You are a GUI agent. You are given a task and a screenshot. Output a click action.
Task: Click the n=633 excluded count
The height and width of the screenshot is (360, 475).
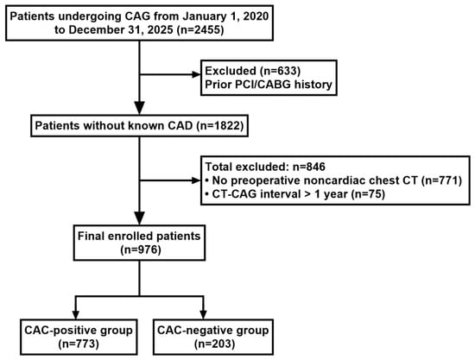(x=280, y=71)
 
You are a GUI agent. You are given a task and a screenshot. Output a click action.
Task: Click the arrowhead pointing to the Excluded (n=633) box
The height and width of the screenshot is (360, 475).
(x=196, y=74)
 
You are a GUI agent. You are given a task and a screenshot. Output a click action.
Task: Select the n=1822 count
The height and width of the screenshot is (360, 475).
(x=222, y=125)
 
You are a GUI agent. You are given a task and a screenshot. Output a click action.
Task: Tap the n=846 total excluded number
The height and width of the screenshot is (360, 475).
(x=308, y=167)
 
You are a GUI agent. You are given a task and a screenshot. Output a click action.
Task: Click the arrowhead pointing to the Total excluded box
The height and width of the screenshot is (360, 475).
(x=196, y=180)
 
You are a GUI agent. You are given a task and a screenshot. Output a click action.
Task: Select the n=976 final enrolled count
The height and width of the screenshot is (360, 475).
(x=139, y=249)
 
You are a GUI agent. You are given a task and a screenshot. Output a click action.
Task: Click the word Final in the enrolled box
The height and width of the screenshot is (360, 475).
(x=89, y=236)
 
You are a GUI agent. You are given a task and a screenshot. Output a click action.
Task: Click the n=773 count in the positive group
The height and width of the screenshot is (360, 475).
(x=79, y=344)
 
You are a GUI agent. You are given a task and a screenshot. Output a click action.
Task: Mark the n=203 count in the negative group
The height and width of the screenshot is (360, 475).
(x=213, y=344)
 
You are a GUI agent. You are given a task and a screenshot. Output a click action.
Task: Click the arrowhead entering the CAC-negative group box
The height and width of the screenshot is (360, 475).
(x=203, y=314)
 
